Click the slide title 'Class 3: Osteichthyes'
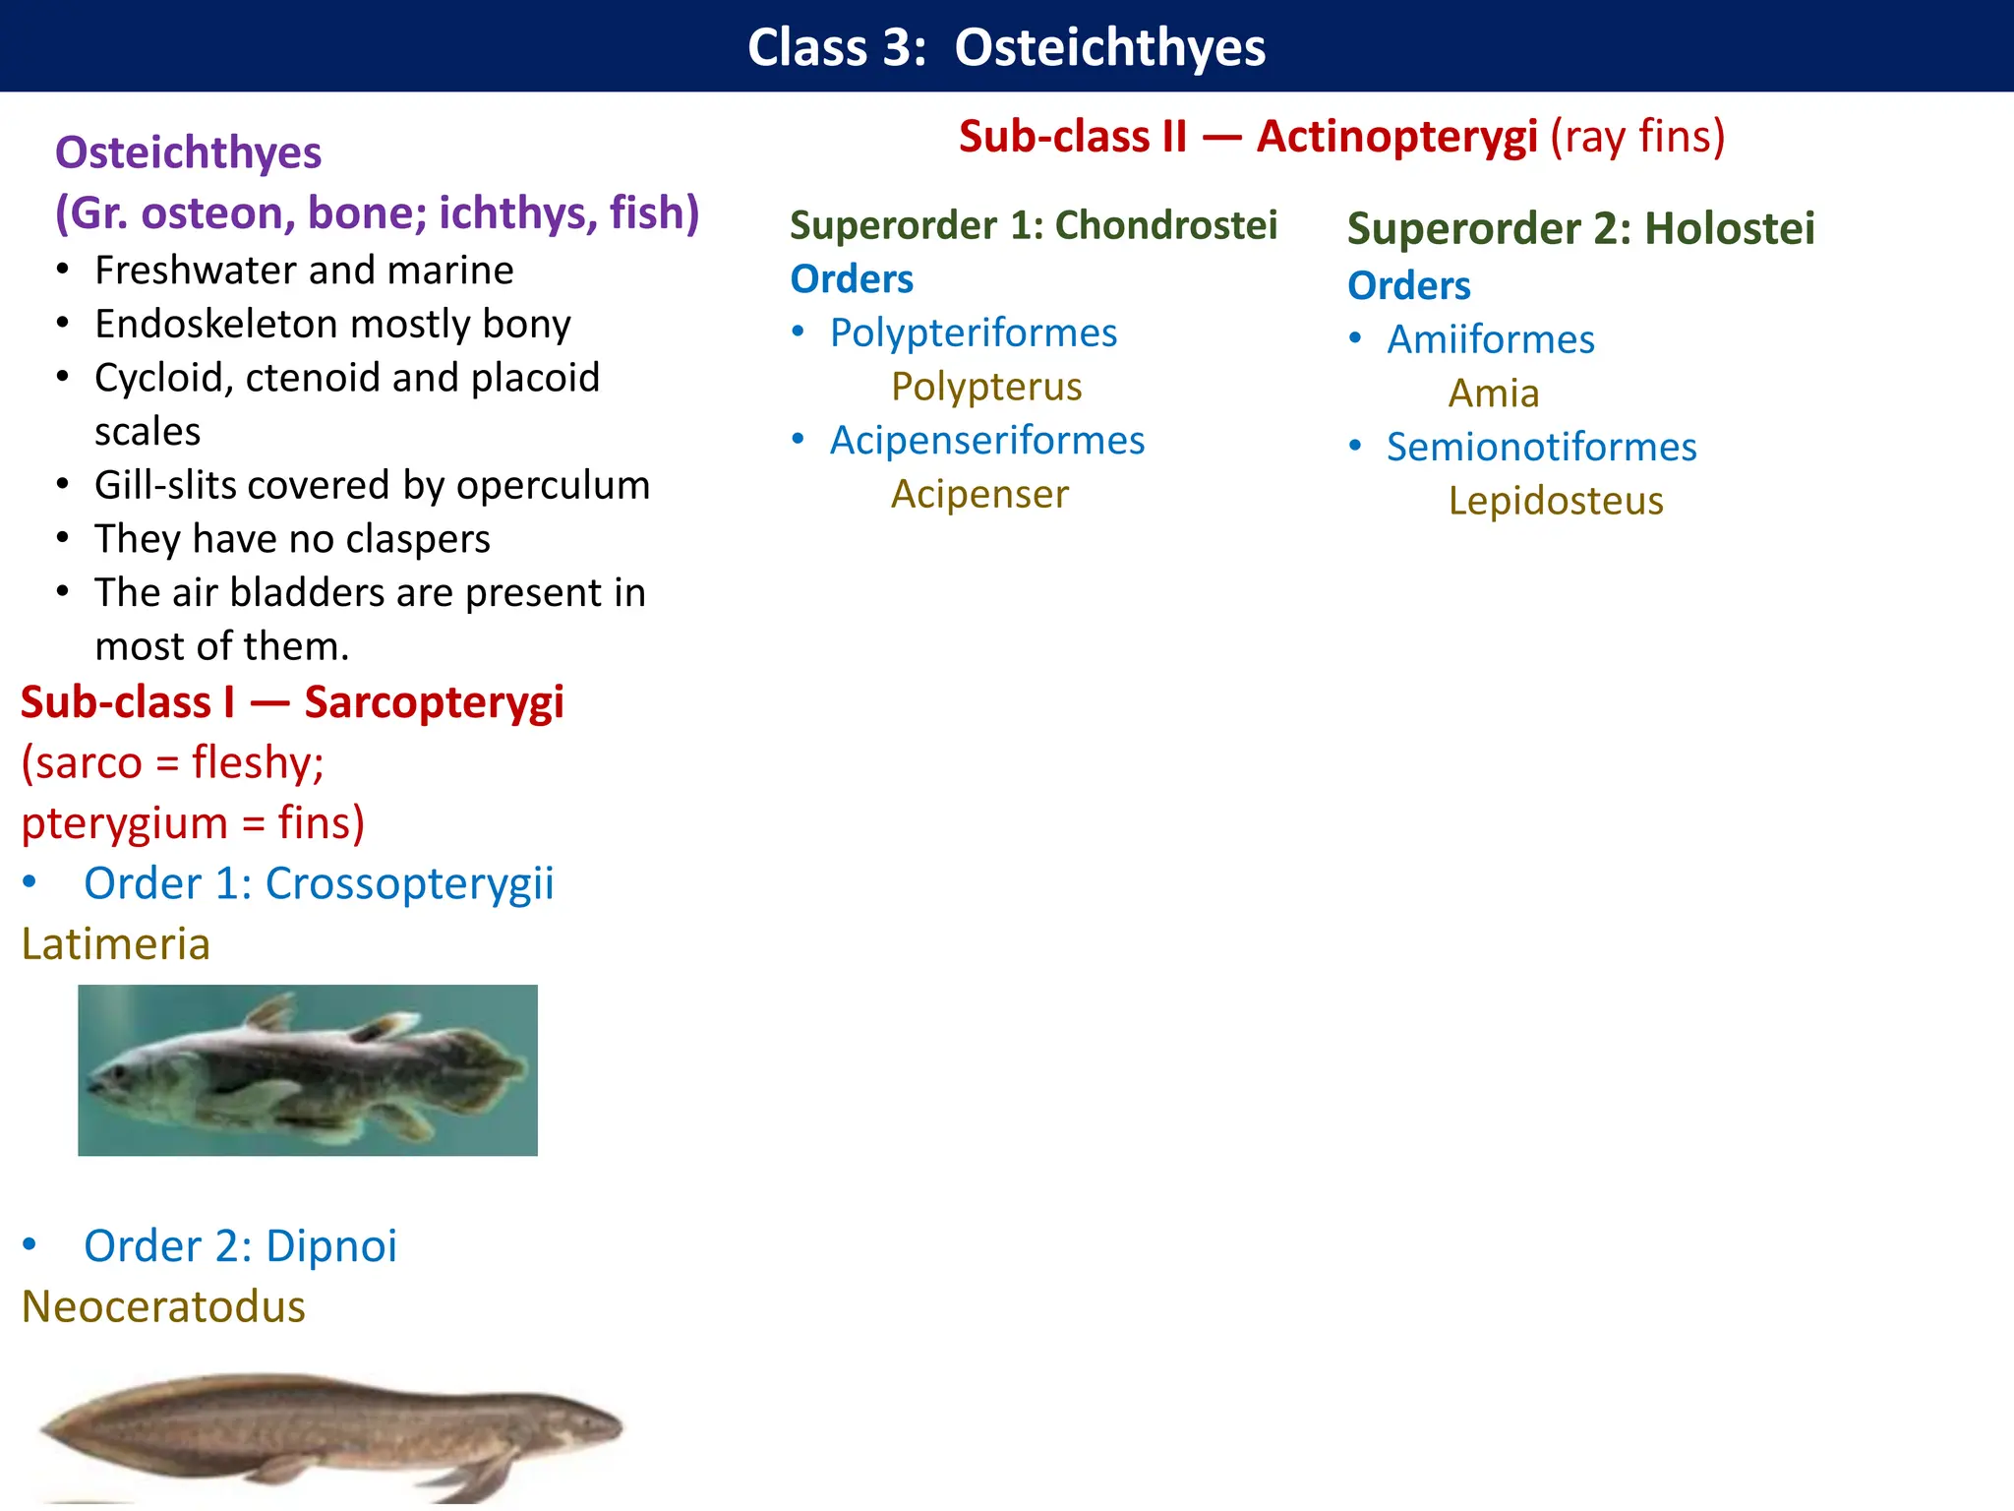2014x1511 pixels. tap(1006, 47)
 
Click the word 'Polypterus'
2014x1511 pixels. tap(985, 387)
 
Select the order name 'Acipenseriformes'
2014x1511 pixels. tap(986, 441)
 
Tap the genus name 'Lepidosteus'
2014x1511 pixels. tap(1555, 502)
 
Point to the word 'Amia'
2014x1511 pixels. tap(1493, 393)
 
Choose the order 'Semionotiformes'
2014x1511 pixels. tap(1541, 448)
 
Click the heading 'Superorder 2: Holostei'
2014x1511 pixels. tap(1580, 228)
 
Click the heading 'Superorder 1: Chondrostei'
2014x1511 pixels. tap(1033, 225)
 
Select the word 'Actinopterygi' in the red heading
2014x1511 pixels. tap(1396, 137)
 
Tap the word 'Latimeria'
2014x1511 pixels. tap(116, 944)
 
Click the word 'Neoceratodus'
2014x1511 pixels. tap(163, 1307)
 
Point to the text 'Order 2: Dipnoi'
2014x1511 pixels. tap(240, 1246)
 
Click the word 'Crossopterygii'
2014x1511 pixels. tap(409, 883)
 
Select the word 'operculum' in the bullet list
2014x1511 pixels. tap(553, 486)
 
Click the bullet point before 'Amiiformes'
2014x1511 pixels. tap(1356, 338)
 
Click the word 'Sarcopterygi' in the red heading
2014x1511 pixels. tap(434, 702)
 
